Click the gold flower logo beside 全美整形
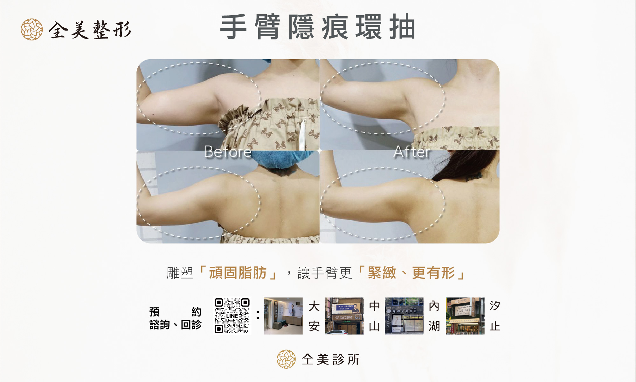pos(32,29)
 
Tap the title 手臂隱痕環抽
pos(318,27)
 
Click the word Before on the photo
pos(228,152)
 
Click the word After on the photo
pos(412,152)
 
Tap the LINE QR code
pos(232,315)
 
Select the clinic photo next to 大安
pos(283,316)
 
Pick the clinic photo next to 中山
pos(344,316)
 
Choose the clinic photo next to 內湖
pos(404,316)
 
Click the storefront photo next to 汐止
pos(465,316)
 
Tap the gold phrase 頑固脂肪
pos(238,273)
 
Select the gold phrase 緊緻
pos(382,273)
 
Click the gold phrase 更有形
pos(433,273)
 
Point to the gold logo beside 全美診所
pos(286,359)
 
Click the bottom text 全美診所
pos(331,359)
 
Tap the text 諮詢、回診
pos(176,325)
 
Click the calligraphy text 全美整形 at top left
pos(90,30)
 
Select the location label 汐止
pos(495,316)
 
